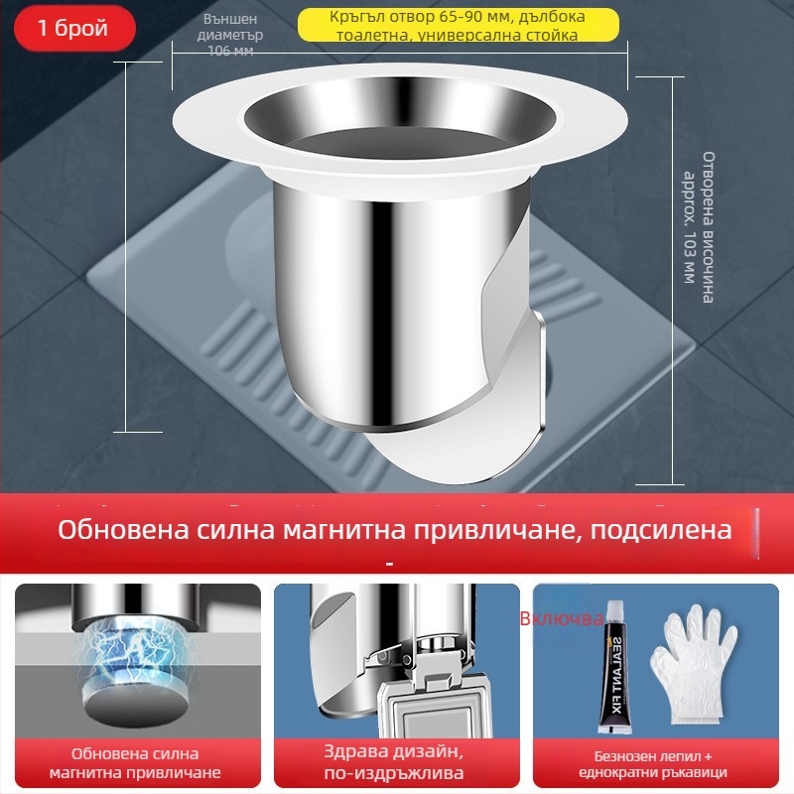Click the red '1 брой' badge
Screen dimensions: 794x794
point(72,28)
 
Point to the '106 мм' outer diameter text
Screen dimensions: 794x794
point(230,52)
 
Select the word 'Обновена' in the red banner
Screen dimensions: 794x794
point(118,529)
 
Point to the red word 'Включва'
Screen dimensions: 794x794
point(561,618)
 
